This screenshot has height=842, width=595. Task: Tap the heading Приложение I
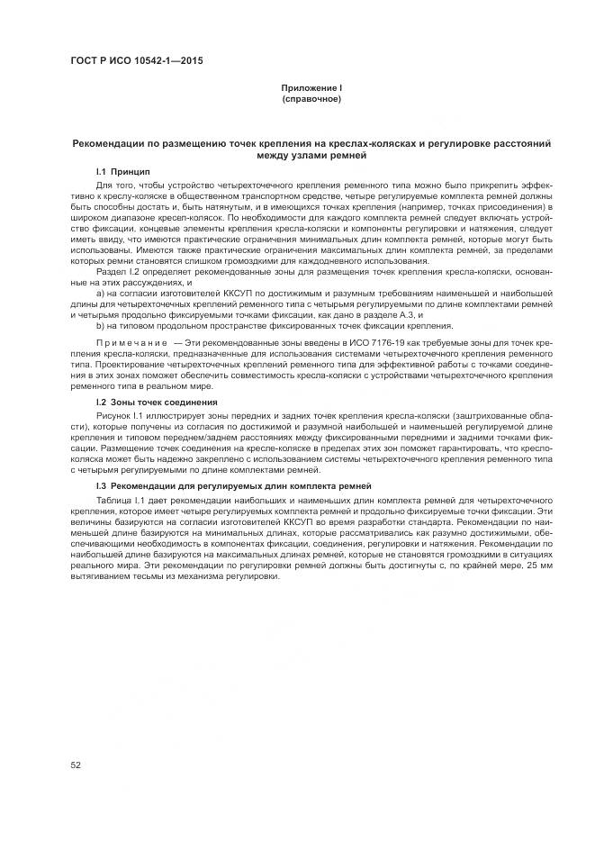pyautogui.click(x=311, y=87)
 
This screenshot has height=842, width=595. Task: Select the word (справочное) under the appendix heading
pyautogui.click(x=311, y=97)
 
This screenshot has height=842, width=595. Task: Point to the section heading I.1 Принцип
pyautogui.click(x=123, y=171)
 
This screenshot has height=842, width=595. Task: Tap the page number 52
pyautogui.click(x=76, y=765)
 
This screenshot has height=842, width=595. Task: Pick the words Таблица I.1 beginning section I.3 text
pyautogui.click(x=123, y=498)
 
